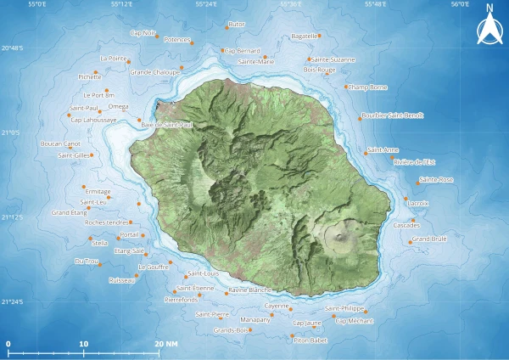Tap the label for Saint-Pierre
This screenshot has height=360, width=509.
(x=211, y=314)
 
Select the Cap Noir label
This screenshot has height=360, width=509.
(x=143, y=33)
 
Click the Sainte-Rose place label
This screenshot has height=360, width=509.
(x=436, y=179)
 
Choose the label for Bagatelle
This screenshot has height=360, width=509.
(x=304, y=37)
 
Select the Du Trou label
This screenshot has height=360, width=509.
(x=87, y=261)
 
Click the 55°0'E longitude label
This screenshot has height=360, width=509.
(x=37, y=4)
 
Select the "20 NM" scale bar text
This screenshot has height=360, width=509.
(x=166, y=344)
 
